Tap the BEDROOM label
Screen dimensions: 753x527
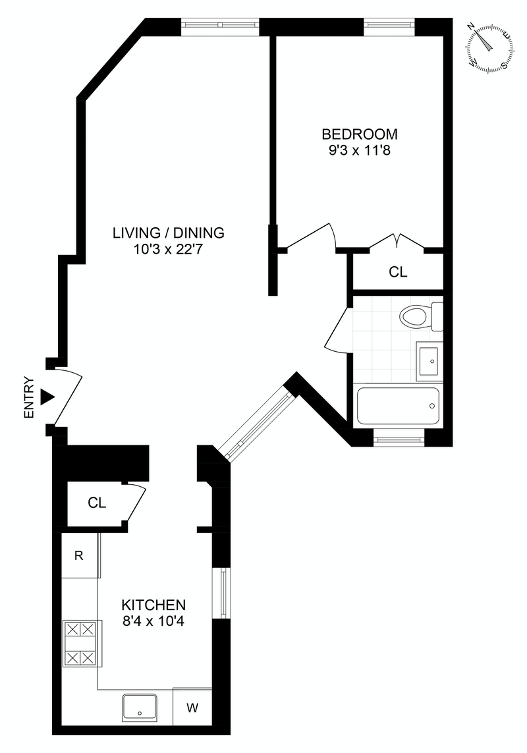pos(359,134)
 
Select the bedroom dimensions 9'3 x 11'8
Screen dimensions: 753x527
pos(359,150)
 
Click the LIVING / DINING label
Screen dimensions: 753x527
pos(169,233)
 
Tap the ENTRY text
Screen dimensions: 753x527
pos(28,397)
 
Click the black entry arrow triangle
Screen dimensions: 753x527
pos(47,397)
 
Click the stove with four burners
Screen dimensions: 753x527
pos(80,644)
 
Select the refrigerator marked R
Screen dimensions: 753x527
pos(79,555)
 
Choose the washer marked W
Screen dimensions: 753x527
pos(192,708)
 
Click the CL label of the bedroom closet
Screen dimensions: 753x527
pos(398,271)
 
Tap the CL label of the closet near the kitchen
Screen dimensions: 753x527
pos(97,503)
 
